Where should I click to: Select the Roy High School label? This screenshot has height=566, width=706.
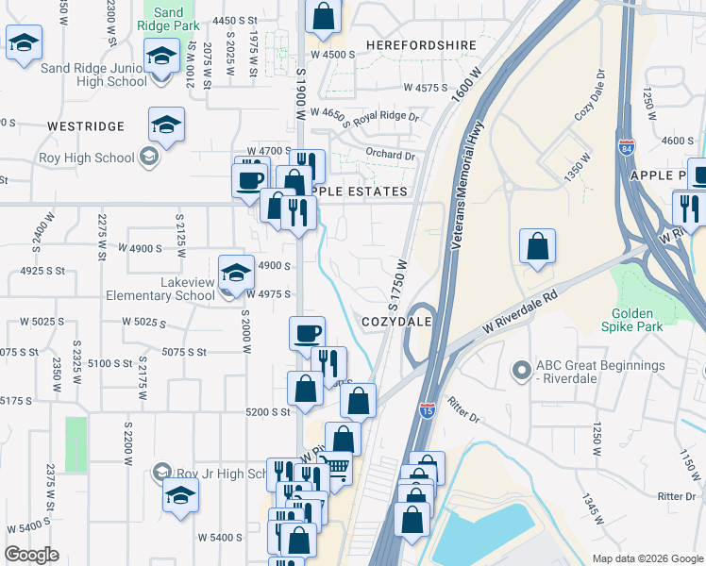point(94,158)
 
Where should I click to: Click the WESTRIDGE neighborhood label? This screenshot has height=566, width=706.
point(86,125)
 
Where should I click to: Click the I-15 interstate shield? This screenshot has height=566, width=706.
point(427,410)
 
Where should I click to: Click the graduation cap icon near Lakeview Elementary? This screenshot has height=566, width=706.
point(235,275)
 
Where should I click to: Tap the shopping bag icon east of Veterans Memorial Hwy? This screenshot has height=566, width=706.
point(537,247)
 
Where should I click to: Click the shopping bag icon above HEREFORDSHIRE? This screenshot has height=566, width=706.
point(323,16)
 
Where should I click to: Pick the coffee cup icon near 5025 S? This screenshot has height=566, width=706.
point(307,333)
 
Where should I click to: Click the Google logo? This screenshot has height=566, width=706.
point(31,555)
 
